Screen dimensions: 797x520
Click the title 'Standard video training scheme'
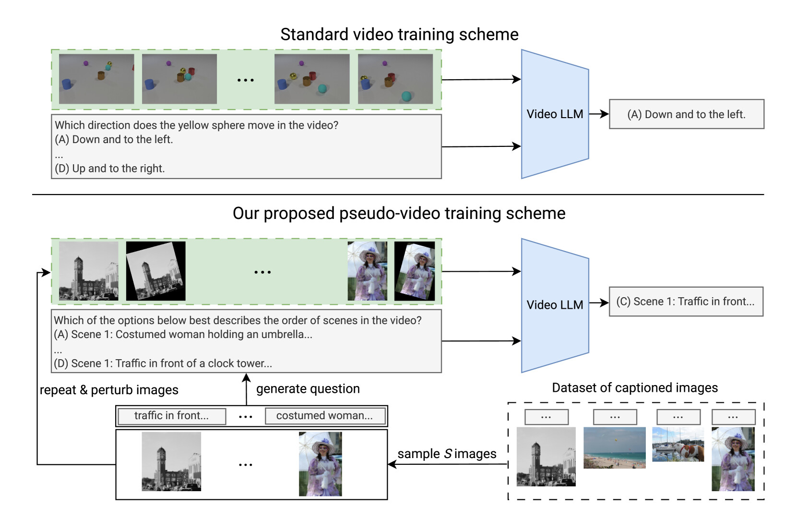[399, 35]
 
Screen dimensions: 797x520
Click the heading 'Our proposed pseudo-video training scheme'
[399, 214]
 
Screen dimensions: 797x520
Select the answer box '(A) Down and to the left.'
[686, 114]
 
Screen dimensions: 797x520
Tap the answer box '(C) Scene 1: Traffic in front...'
[686, 302]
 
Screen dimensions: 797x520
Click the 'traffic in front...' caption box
[172, 416]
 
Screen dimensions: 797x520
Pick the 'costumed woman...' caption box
[325, 416]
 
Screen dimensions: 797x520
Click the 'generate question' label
[308, 388]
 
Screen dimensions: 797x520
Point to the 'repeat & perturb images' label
[109, 390]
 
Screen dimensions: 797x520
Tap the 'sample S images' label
[447, 454]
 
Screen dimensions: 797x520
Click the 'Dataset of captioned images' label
[635, 387]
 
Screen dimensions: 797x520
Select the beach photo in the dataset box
[615, 448]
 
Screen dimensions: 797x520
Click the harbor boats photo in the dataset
[678, 445]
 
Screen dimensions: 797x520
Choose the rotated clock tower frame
[156, 271]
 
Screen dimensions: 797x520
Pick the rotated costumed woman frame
[415, 271]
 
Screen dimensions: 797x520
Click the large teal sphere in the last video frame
[406, 96]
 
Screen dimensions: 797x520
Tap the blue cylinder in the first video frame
[67, 84]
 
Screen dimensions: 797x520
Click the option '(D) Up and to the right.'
[109, 169]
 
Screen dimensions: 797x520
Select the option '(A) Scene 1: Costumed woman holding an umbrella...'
[183, 335]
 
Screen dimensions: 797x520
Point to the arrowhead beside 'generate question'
[246, 377]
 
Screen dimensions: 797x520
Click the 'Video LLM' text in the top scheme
[555, 114]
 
